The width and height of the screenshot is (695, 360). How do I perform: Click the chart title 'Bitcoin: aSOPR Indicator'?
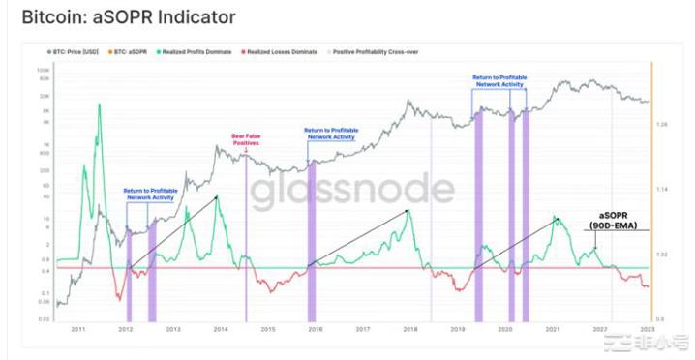128,18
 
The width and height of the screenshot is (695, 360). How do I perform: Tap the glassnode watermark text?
352,192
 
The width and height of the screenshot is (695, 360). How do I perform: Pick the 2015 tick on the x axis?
268,330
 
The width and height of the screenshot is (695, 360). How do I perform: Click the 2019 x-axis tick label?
457,330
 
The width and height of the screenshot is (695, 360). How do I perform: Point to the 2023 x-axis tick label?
645,330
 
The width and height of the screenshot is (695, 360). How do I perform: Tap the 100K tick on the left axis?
44,71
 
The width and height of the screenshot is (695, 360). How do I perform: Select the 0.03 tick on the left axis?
45,317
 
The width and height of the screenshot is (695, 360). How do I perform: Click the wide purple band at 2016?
311,232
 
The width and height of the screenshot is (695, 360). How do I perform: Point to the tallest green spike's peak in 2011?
98,104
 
